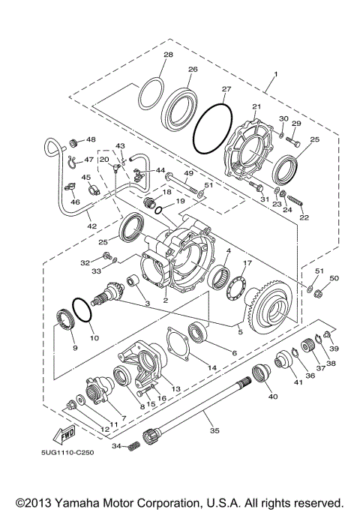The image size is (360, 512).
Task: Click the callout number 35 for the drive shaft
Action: (215, 432)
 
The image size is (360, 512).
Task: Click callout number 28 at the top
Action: (168, 55)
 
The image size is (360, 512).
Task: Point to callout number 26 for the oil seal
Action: (193, 70)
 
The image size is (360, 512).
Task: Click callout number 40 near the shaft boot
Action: (273, 396)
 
